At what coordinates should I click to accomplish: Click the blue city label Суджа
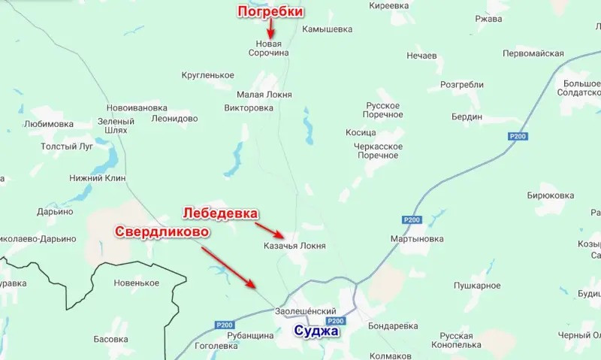click(x=316, y=331)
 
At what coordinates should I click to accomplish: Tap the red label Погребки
click(x=270, y=12)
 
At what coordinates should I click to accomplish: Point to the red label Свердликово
click(x=162, y=231)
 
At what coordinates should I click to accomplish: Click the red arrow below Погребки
click(x=271, y=29)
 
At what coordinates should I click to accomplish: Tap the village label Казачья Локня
click(x=294, y=246)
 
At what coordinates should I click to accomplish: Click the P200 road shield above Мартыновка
click(x=411, y=219)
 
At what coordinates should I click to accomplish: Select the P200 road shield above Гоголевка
click(x=223, y=325)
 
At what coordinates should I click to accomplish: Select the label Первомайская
click(x=533, y=53)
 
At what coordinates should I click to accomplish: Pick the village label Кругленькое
click(x=208, y=75)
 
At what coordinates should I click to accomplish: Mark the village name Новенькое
click(x=136, y=283)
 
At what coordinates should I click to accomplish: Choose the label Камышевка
click(x=327, y=30)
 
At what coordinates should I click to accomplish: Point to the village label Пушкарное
click(x=477, y=286)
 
